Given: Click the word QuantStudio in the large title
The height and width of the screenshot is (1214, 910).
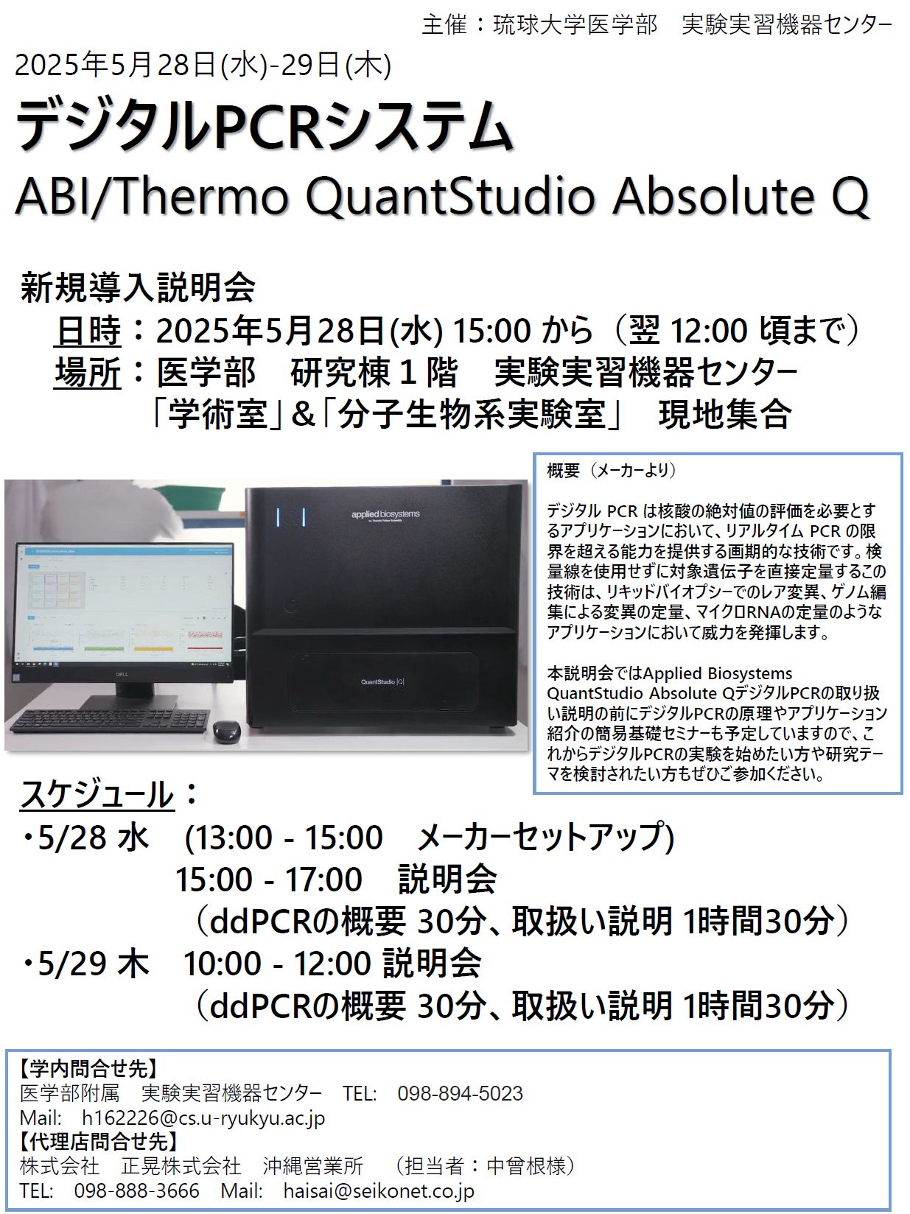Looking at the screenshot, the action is (x=449, y=196).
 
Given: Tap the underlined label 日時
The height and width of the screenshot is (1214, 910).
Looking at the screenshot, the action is (x=88, y=331).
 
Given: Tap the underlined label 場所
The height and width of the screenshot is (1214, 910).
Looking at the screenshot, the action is (x=88, y=372).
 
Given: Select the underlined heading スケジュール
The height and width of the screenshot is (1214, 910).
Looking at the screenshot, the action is (x=97, y=795).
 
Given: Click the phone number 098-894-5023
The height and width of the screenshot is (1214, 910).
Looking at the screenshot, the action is (x=461, y=1093).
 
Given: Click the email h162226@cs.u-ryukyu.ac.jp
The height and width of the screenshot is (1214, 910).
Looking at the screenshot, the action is (x=203, y=1117).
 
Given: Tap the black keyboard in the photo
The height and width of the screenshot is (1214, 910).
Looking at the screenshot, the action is (x=111, y=720).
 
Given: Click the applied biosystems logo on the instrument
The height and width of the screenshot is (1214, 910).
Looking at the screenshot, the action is (x=385, y=515).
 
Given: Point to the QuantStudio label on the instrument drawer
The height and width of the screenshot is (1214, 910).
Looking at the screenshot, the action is (x=382, y=682).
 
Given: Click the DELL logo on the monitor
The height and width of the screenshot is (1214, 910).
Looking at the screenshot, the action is (x=122, y=673).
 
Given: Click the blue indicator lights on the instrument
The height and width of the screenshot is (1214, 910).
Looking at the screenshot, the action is (x=290, y=517).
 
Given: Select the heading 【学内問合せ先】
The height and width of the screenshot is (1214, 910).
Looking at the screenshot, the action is (x=88, y=1070).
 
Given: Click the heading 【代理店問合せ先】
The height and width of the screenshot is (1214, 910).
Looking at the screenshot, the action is (x=99, y=1142).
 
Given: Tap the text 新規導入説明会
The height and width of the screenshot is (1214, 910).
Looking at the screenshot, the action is (x=138, y=287).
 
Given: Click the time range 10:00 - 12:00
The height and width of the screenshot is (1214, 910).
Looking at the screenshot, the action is (x=276, y=964).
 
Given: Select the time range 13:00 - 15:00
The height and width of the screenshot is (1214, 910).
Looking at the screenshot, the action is (x=283, y=838).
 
